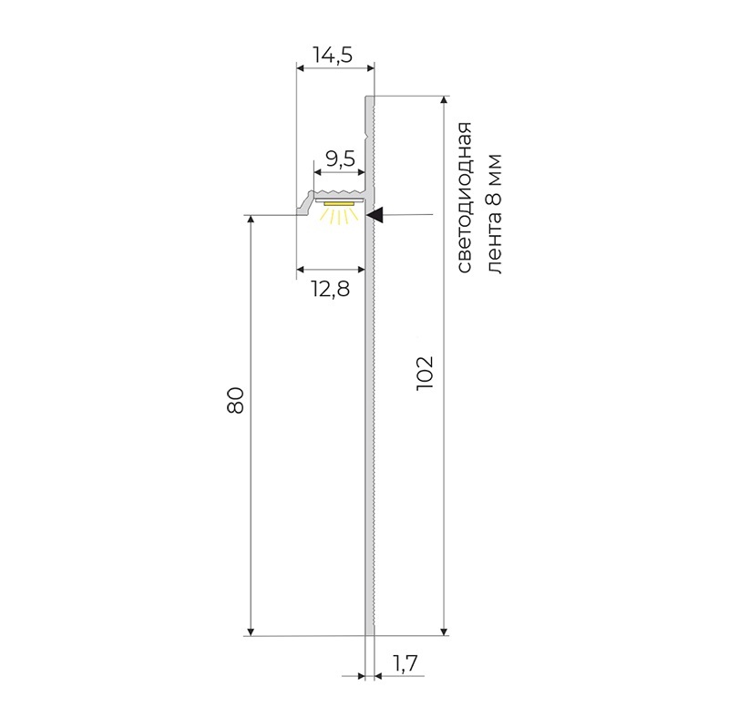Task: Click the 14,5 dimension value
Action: (x=333, y=55)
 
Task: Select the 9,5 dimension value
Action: (x=340, y=159)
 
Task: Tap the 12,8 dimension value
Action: (x=330, y=289)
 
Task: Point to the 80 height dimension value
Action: (x=235, y=400)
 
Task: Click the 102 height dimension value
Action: (x=425, y=374)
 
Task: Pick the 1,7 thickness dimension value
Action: (x=406, y=663)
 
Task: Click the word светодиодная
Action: (x=464, y=197)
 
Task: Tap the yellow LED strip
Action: (x=338, y=204)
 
